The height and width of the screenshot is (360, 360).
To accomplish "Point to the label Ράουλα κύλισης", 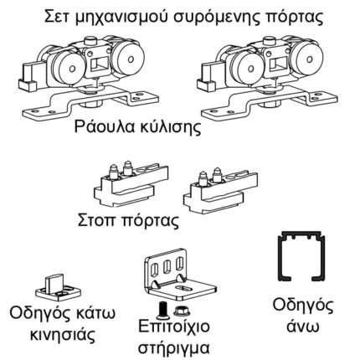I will coord(177,132).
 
